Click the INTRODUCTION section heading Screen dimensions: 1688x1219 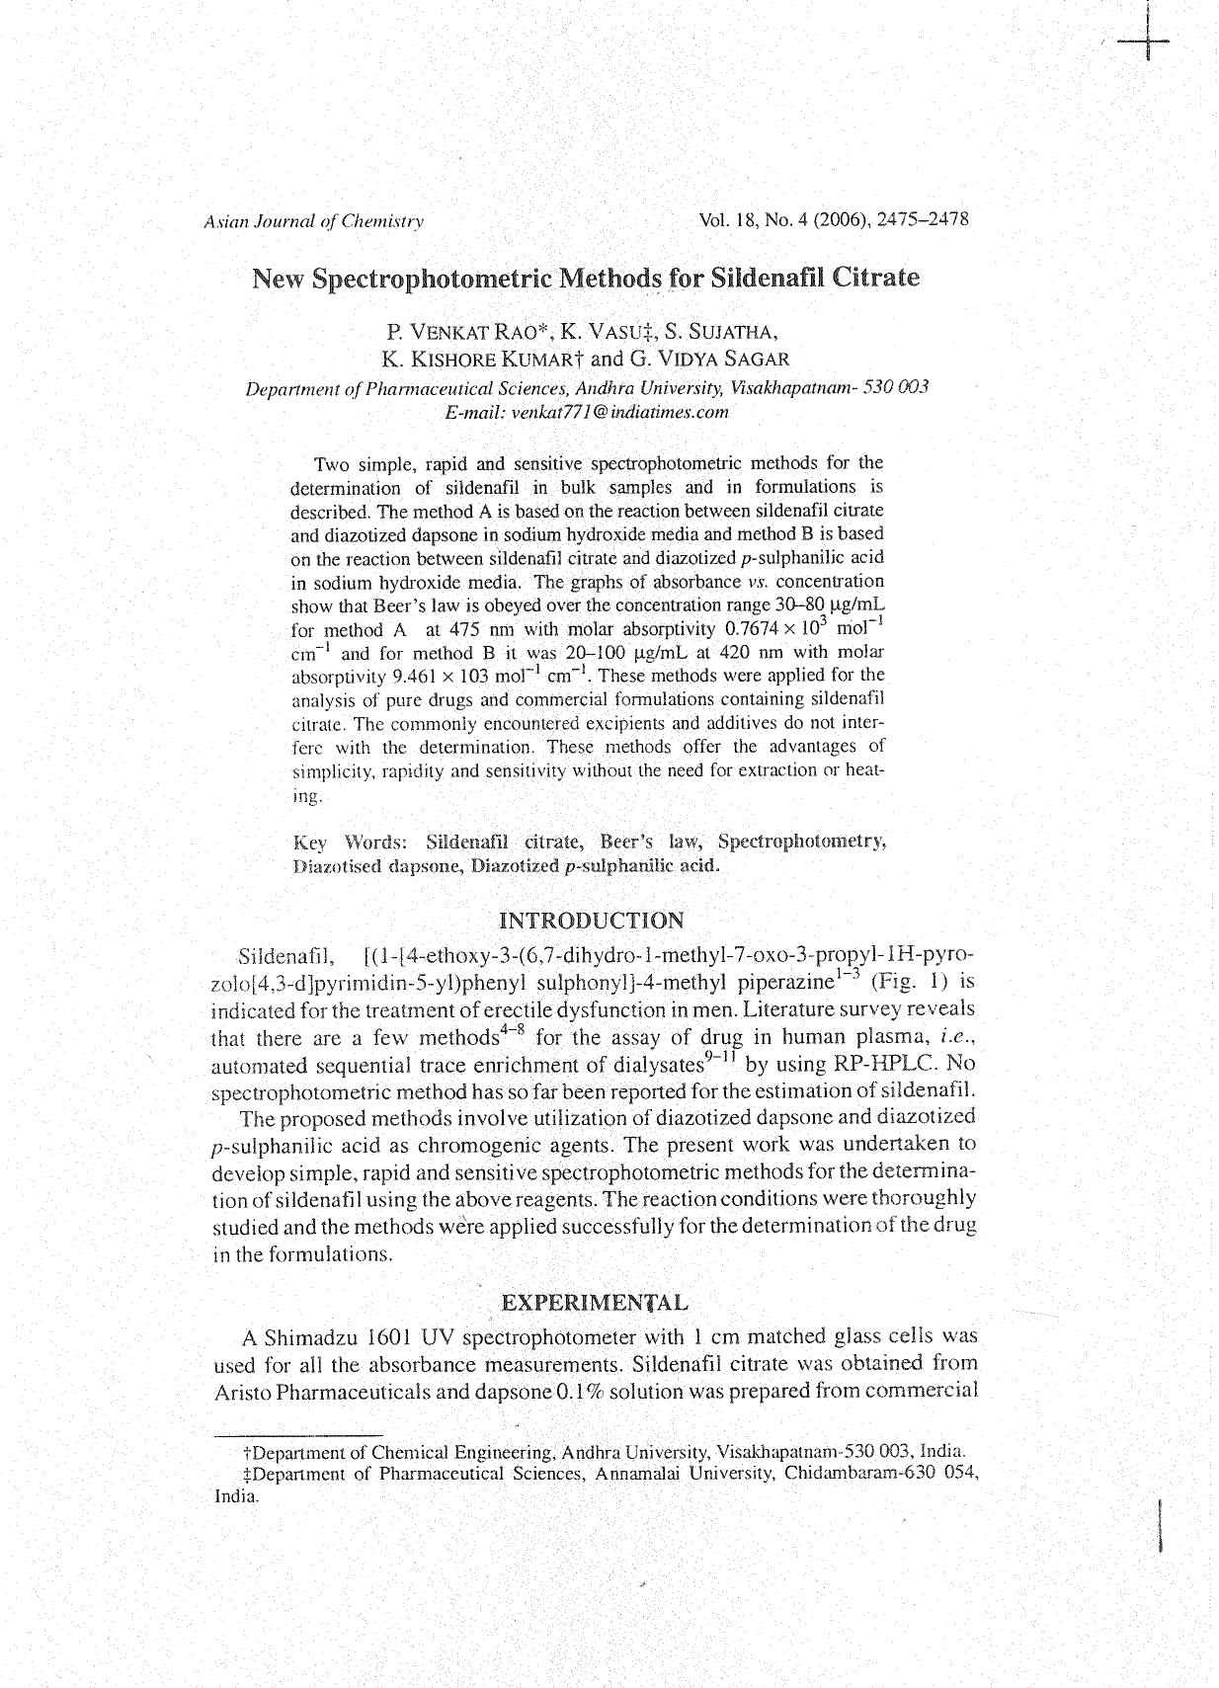pos(591,922)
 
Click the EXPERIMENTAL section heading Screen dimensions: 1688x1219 pos(595,1303)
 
